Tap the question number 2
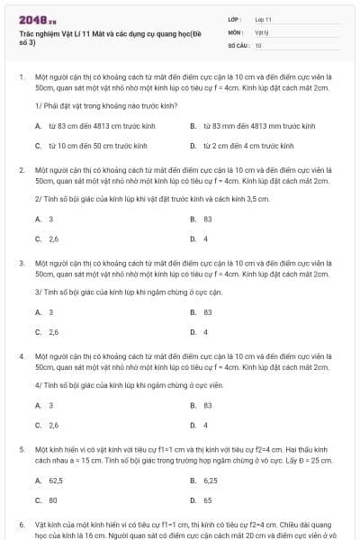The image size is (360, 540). tap(21, 169)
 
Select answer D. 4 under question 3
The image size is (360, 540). tap(199, 332)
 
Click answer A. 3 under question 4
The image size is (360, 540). tap(45, 406)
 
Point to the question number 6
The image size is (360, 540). tap(21, 524)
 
